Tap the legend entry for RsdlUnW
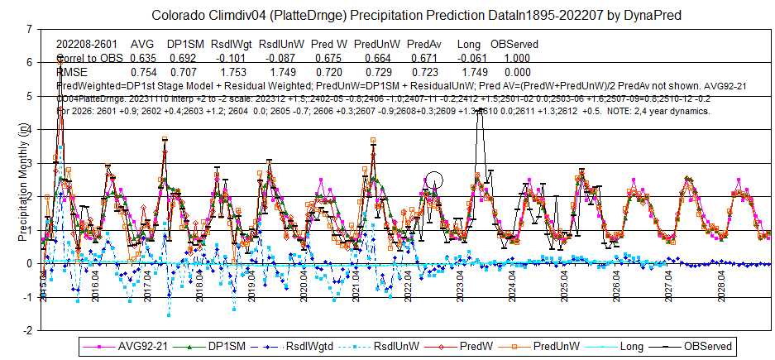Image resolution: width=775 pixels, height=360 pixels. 377,346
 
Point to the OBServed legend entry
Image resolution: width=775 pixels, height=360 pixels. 699,346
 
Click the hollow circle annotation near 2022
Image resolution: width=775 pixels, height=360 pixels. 435,180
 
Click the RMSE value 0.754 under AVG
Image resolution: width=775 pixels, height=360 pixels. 143,73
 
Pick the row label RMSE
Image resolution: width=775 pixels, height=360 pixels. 71,73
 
